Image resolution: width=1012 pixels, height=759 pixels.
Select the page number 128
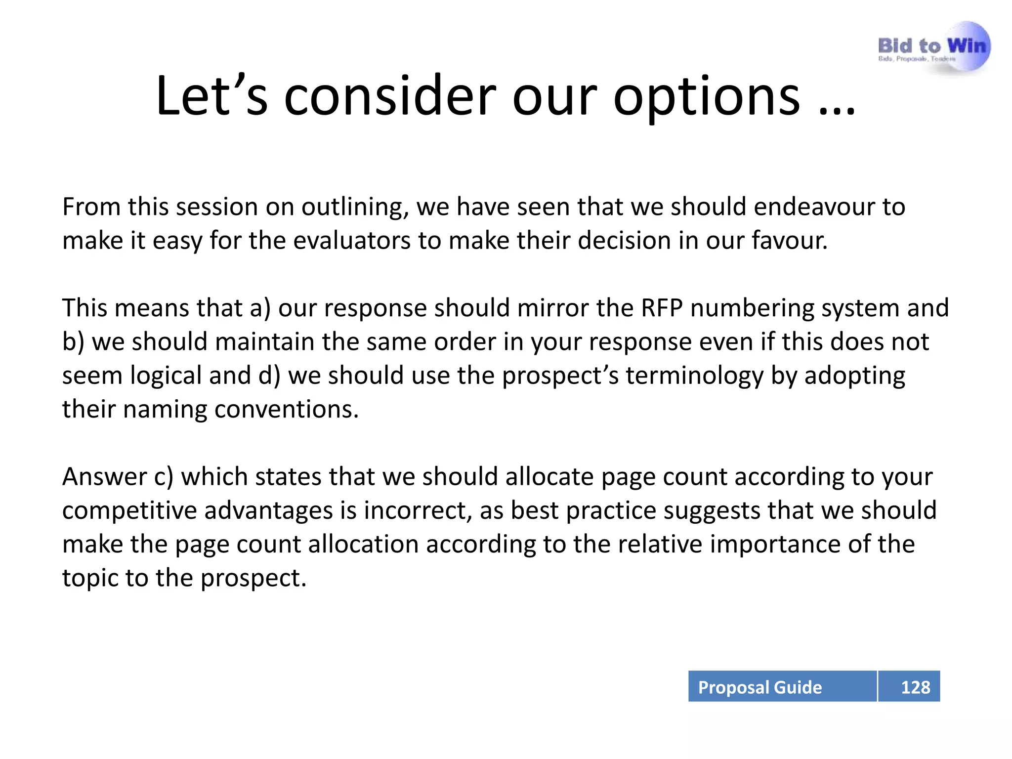[x=915, y=687]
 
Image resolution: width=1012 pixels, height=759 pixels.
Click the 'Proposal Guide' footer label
[x=759, y=687]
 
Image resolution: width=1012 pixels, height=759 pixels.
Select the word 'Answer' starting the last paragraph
[x=104, y=477]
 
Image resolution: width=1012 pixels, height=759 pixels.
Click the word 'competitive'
[x=129, y=511]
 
